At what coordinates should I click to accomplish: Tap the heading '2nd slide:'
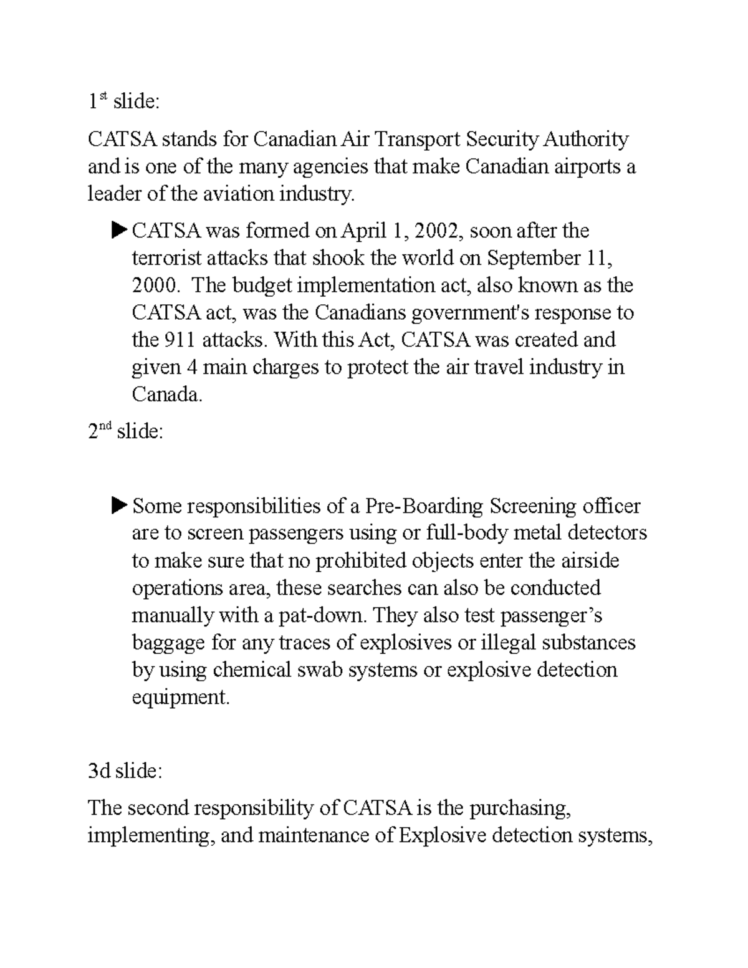(x=125, y=432)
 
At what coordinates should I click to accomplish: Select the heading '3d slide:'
(x=125, y=772)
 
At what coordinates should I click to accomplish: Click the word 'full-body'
(x=471, y=534)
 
